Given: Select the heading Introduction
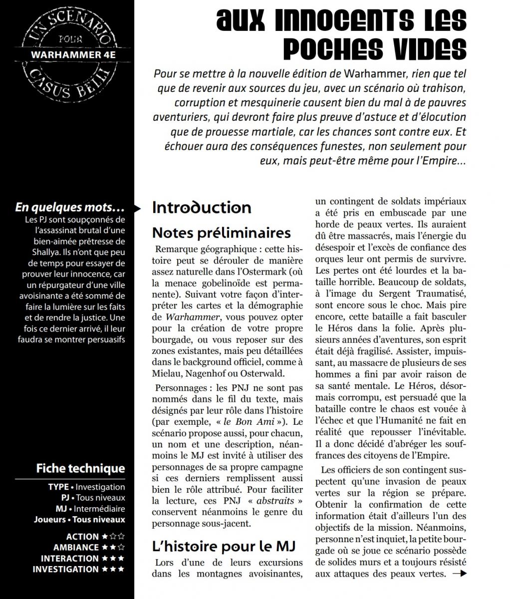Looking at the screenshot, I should (x=202, y=208).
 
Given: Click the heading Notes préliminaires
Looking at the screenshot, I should (x=221, y=233).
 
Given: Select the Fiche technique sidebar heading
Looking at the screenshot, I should (x=80, y=468).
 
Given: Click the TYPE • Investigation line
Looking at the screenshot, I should (x=86, y=487).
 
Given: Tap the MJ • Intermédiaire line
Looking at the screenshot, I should (x=90, y=509).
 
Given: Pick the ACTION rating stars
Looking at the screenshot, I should (x=113, y=537).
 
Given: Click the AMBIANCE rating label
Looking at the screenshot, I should (x=76, y=547).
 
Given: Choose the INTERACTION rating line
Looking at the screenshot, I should (x=82, y=558).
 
